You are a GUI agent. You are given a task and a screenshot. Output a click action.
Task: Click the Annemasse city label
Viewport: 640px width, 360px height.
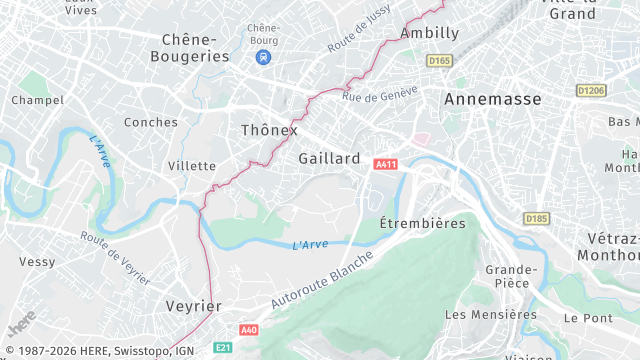[x=492, y=99]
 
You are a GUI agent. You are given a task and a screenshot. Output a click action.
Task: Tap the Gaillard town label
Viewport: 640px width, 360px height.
[x=329, y=158]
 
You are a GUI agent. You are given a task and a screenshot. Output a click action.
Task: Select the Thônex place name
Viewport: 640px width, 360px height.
[x=269, y=130]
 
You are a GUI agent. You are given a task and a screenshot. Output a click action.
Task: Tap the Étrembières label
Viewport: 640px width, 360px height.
[x=423, y=223]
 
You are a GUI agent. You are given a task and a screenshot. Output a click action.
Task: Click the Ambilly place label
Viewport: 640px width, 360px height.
[x=429, y=33]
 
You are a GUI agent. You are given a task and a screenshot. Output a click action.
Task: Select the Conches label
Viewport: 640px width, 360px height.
[x=150, y=122]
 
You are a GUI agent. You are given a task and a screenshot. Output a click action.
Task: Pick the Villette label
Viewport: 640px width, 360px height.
[x=191, y=165]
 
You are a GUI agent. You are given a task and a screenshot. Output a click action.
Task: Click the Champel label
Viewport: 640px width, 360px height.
[x=37, y=100]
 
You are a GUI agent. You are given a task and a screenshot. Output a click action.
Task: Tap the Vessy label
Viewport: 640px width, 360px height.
[x=36, y=261]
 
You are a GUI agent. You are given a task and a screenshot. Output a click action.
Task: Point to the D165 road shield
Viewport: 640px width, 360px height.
[x=439, y=61]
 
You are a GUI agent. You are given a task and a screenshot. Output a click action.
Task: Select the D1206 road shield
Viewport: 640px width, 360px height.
[x=591, y=91]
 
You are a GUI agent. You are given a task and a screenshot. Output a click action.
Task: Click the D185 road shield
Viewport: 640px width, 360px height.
[x=535, y=218]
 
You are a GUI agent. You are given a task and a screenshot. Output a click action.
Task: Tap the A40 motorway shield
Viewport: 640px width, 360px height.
[x=249, y=329]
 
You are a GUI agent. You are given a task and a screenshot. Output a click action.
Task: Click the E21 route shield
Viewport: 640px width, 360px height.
[x=224, y=347]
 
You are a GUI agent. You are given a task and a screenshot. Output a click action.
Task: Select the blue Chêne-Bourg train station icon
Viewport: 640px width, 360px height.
[x=262, y=57]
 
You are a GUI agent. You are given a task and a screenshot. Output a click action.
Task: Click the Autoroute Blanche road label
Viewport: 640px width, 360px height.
[x=322, y=281]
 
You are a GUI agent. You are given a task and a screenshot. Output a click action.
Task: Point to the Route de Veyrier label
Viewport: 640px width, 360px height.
[x=115, y=258]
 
